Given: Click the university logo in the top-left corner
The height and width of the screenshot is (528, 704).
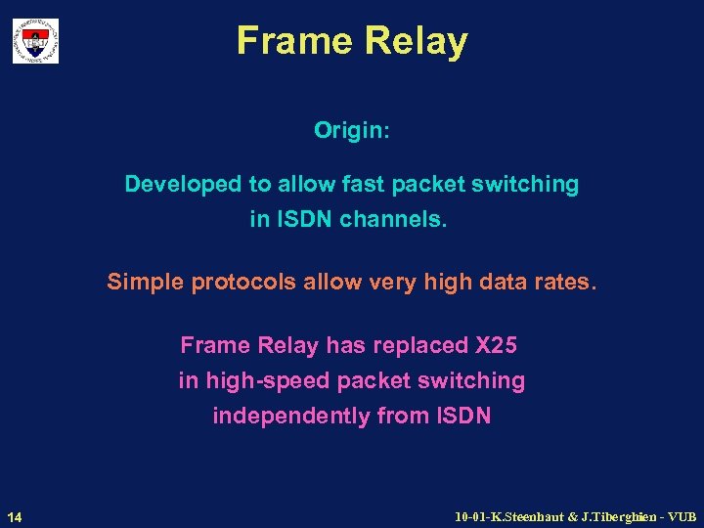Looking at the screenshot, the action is click(x=35, y=41).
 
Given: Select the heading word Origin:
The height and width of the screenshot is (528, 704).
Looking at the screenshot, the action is click(x=352, y=130).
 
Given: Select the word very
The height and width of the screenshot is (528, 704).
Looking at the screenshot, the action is click(x=366, y=283).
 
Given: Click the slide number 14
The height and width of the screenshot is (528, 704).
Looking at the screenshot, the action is click(x=15, y=515).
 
